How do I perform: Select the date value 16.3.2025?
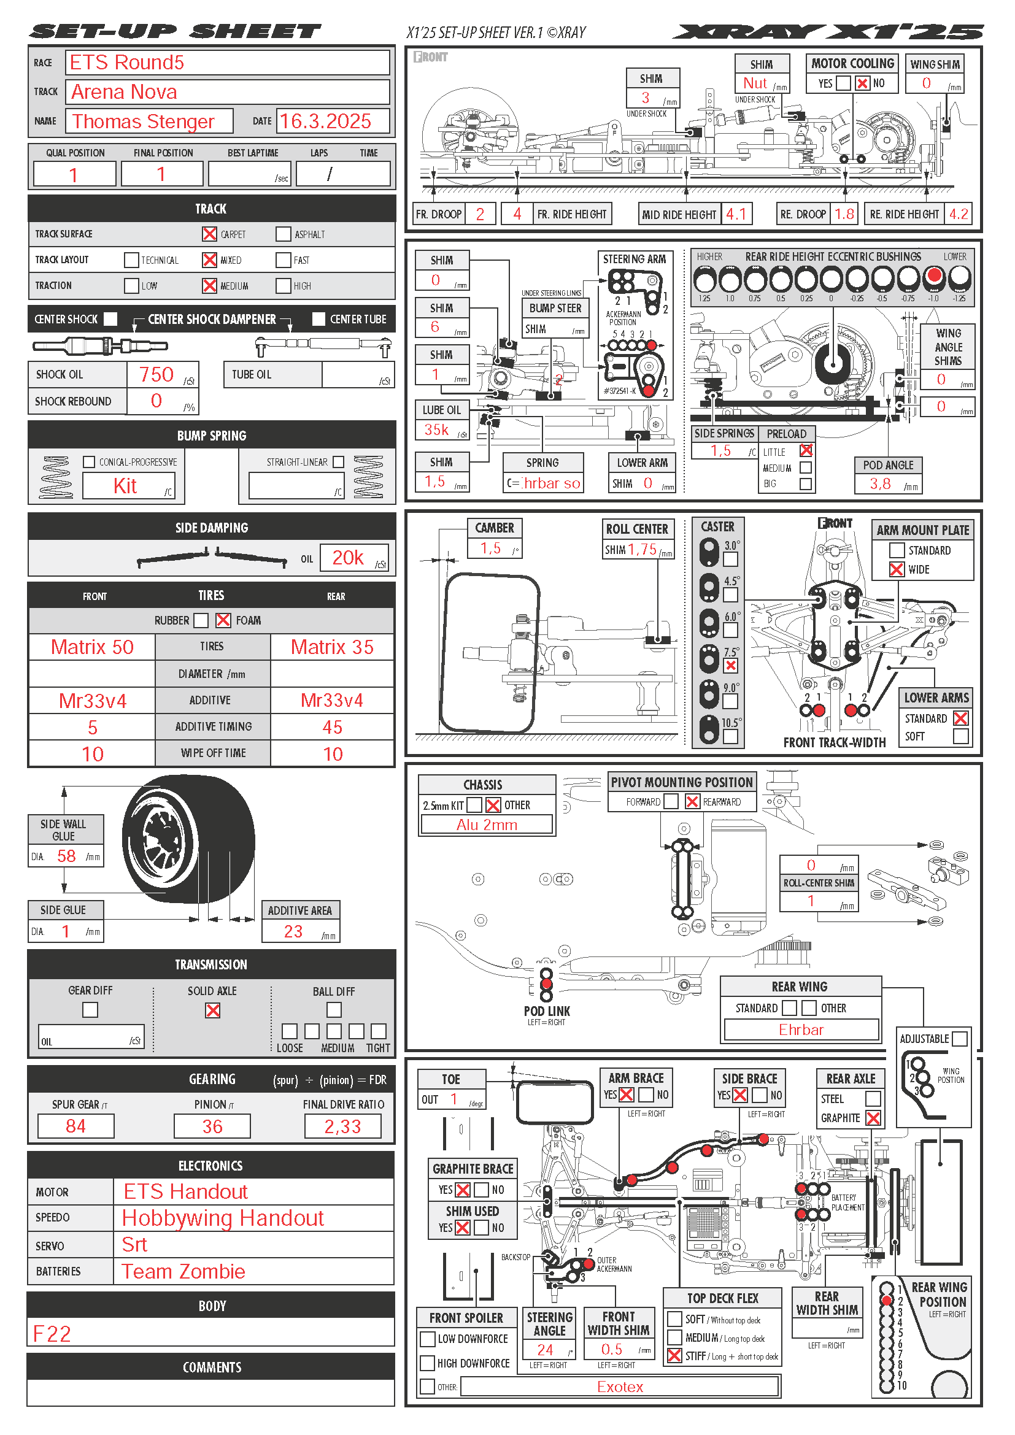click(325, 121)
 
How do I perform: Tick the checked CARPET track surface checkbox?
click(209, 234)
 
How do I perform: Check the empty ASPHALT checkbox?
click(283, 234)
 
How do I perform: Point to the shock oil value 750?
click(156, 374)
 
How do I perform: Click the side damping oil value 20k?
click(347, 558)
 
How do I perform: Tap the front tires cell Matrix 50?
click(92, 647)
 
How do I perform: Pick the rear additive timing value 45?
click(332, 727)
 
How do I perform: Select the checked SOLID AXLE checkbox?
click(212, 1010)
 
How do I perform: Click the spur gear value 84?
click(75, 1126)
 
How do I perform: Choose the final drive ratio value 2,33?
click(342, 1127)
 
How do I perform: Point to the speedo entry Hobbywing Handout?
click(223, 1218)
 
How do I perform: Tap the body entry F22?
click(52, 1334)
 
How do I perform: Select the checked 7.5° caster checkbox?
click(730, 666)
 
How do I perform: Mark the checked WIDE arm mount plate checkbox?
click(896, 569)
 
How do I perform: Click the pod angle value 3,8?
click(880, 483)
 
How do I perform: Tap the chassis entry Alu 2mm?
click(487, 825)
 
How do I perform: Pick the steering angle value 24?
click(545, 1350)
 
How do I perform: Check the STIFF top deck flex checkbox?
click(674, 1356)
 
